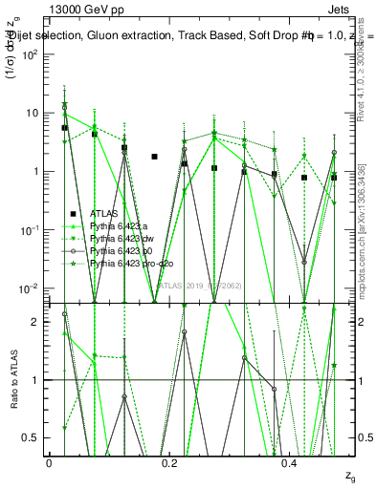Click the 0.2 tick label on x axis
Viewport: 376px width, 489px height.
170,461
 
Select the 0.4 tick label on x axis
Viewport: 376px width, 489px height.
291,461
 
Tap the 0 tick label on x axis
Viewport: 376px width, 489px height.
50,461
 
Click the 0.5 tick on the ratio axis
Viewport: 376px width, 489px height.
36,438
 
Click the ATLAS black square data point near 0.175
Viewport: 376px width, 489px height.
154,157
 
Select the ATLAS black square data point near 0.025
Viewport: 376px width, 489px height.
64,127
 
